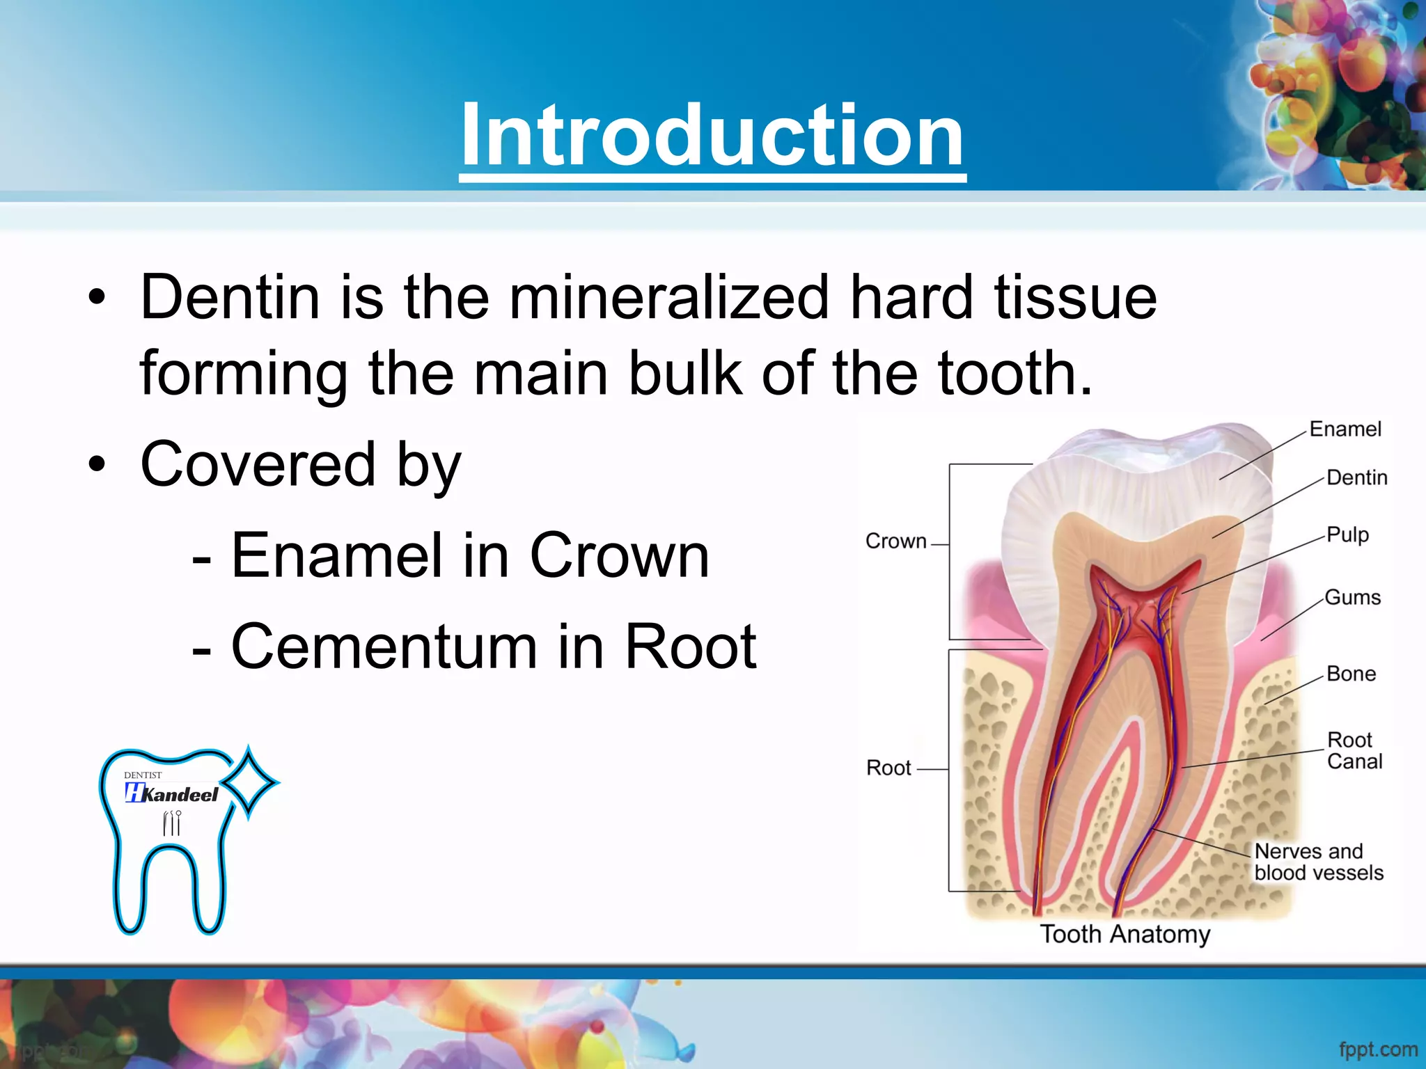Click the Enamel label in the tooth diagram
coord(1345,429)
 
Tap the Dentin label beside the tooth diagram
coord(1356,477)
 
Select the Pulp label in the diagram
coord(1347,534)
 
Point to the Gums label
coord(1352,597)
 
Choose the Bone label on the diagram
coord(1351,674)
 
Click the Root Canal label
coord(1354,750)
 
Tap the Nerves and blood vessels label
coord(1318,862)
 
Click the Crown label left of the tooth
coord(895,541)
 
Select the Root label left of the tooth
coord(888,768)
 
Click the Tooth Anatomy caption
coord(1125,934)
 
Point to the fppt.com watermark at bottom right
coord(1378,1049)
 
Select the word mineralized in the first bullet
coord(668,298)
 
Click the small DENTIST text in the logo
coord(143,775)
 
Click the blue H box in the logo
coord(134,793)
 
